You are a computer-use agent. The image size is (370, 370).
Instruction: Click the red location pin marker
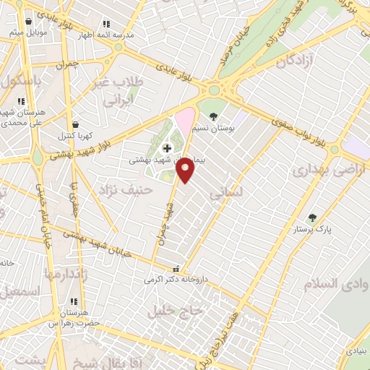[x=186, y=169]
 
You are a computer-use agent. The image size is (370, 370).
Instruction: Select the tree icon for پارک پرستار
[x=312, y=218]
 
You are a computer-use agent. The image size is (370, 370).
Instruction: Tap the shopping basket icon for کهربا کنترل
[x=77, y=124]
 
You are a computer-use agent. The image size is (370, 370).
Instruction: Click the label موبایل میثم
[x=27, y=33]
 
